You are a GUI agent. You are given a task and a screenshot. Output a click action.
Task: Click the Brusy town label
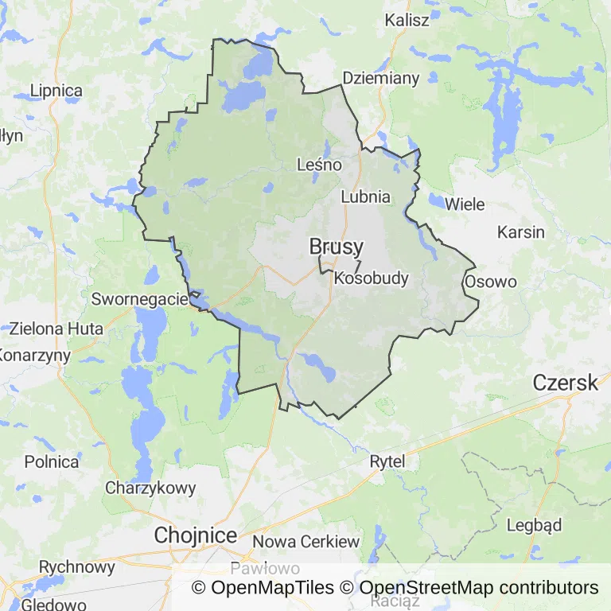[337, 247]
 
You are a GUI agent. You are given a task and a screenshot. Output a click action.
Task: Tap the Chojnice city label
[196, 535]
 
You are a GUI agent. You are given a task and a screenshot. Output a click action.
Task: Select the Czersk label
[566, 383]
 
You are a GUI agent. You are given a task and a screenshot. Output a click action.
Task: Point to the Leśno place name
[318, 165]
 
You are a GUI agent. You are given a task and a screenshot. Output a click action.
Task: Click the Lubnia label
[365, 197]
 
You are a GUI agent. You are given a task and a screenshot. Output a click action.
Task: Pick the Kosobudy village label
[371, 278]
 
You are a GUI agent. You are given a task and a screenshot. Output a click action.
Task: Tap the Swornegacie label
[139, 300]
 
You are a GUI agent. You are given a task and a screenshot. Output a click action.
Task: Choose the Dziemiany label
[380, 78]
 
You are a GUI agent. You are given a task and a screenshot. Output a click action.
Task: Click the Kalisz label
[407, 19]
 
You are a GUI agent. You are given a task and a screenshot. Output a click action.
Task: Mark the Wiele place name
[465, 204]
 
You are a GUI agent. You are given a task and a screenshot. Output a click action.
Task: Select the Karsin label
[521, 232]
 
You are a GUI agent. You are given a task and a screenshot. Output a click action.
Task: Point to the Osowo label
[491, 282]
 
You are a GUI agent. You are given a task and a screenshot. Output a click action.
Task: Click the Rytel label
[387, 461]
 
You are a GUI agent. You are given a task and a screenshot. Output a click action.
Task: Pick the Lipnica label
[56, 91]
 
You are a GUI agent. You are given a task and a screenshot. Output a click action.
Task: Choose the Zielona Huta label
[56, 328]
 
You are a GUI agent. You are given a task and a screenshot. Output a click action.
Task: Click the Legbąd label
[535, 525]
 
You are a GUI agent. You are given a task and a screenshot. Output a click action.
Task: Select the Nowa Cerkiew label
[305, 542]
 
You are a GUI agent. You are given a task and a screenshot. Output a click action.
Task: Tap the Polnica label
[52, 461]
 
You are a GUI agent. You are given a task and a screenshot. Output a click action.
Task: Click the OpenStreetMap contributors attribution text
[479, 588]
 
